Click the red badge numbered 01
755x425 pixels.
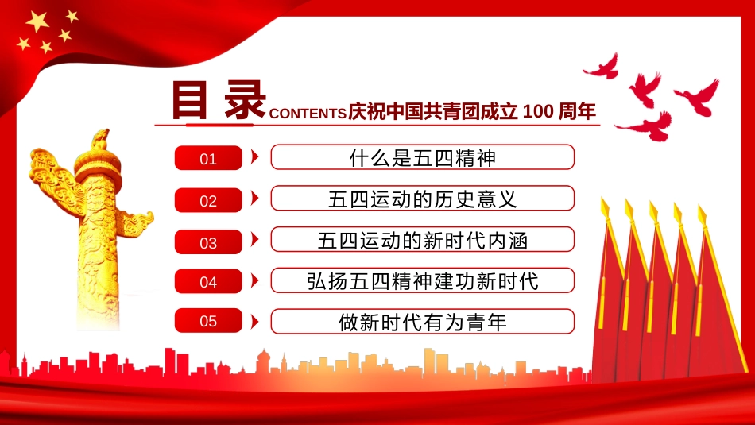point(208,158)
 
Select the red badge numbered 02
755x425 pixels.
point(208,199)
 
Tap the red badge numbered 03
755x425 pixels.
point(208,241)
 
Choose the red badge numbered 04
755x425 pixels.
point(208,281)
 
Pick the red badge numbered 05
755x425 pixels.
point(208,321)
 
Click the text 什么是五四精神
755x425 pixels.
point(422,158)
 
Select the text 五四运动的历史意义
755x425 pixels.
point(422,199)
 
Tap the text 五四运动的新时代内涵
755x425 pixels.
point(422,241)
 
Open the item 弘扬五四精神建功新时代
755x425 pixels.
point(422,281)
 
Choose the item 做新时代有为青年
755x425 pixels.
point(422,322)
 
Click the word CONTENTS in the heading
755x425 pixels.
point(308,114)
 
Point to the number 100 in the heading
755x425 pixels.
point(537,111)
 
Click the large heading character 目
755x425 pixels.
point(190,100)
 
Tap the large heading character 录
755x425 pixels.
point(245,99)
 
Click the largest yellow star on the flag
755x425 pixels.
point(37,21)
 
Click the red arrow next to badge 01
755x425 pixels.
point(255,156)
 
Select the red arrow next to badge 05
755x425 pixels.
point(255,322)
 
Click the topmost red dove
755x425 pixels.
point(602,68)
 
